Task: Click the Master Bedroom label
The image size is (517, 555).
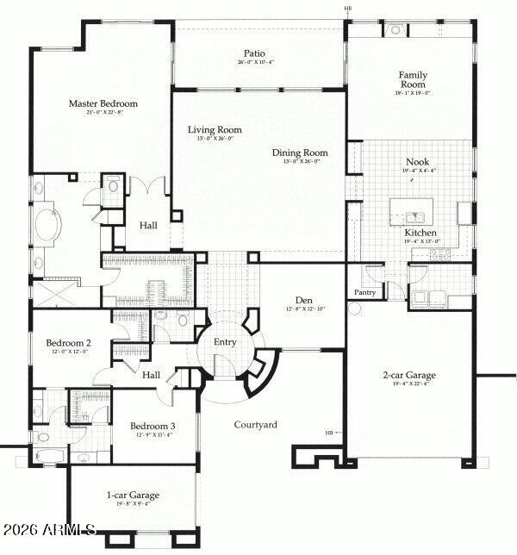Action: [x=103, y=103]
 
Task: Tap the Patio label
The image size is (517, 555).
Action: [x=253, y=53]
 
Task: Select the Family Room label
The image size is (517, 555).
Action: [x=413, y=80]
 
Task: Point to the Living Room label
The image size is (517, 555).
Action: [x=215, y=130]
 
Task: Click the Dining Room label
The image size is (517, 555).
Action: [x=300, y=153]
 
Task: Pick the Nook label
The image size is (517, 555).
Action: [x=417, y=161]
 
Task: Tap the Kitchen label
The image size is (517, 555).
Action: [x=420, y=233]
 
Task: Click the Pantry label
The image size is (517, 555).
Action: [x=365, y=292]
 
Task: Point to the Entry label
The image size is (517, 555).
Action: [x=225, y=342]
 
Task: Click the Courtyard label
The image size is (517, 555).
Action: [x=256, y=424]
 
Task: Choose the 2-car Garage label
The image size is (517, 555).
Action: [x=409, y=375]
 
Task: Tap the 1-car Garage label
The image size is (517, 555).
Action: [x=133, y=495]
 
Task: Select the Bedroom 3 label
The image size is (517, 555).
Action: [x=153, y=426]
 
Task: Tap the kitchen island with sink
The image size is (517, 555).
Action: [x=413, y=211]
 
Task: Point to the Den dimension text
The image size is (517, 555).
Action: [x=305, y=309]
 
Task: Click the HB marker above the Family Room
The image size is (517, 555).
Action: [x=348, y=9]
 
